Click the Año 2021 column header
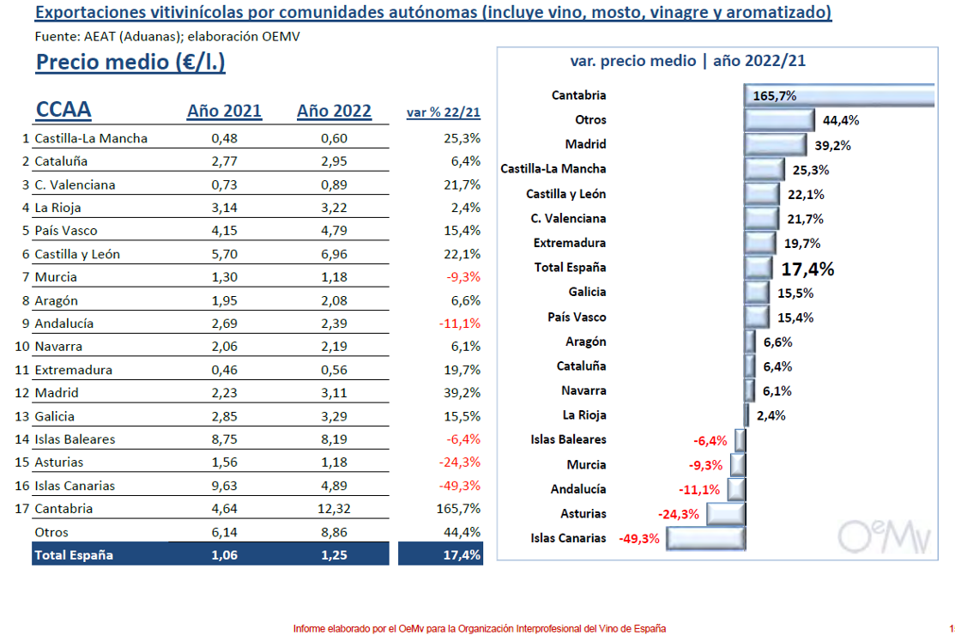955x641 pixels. click(224, 111)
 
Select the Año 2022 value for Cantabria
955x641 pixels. click(334, 509)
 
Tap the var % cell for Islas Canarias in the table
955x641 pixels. click(460, 486)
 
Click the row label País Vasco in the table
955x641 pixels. click(66, 231)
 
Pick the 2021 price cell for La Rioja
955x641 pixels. click(224, 208)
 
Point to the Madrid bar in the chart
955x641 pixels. click(776, 144)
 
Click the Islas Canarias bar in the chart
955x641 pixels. click(706, 539)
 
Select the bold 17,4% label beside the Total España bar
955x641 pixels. click(807, 269)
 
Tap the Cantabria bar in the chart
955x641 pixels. click(839, 95)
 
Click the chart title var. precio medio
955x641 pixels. click(687, 61)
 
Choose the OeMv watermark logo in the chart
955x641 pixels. click(884, 537)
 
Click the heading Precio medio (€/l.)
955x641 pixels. click(130, 62)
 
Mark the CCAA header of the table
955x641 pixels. click(63, 110)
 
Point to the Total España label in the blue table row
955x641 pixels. click(74, 555)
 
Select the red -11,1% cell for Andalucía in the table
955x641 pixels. click(460, 324)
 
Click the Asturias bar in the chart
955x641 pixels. click(726, 514)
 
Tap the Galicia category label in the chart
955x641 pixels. click(587, 292)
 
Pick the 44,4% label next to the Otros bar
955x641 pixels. click(841, 121)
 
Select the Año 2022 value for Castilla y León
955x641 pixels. click(334, 254)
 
